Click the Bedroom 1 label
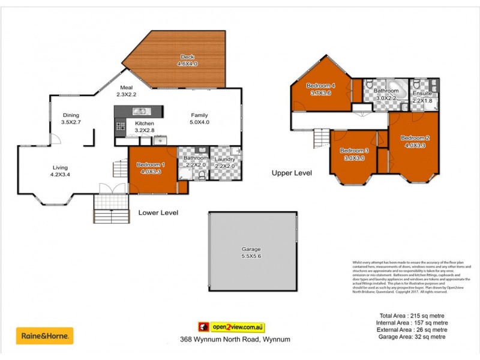coord(152,164)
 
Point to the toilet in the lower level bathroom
coord(202,175)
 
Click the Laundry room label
coord(225,159)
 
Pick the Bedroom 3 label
coord(354,150)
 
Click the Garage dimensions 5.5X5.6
coord(253,256)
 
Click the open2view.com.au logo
coord(232,328)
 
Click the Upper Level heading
coord(292,173)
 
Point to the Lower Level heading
coord(158,212)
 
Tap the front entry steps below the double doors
coord(111,214)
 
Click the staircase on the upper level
coord(322,140)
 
